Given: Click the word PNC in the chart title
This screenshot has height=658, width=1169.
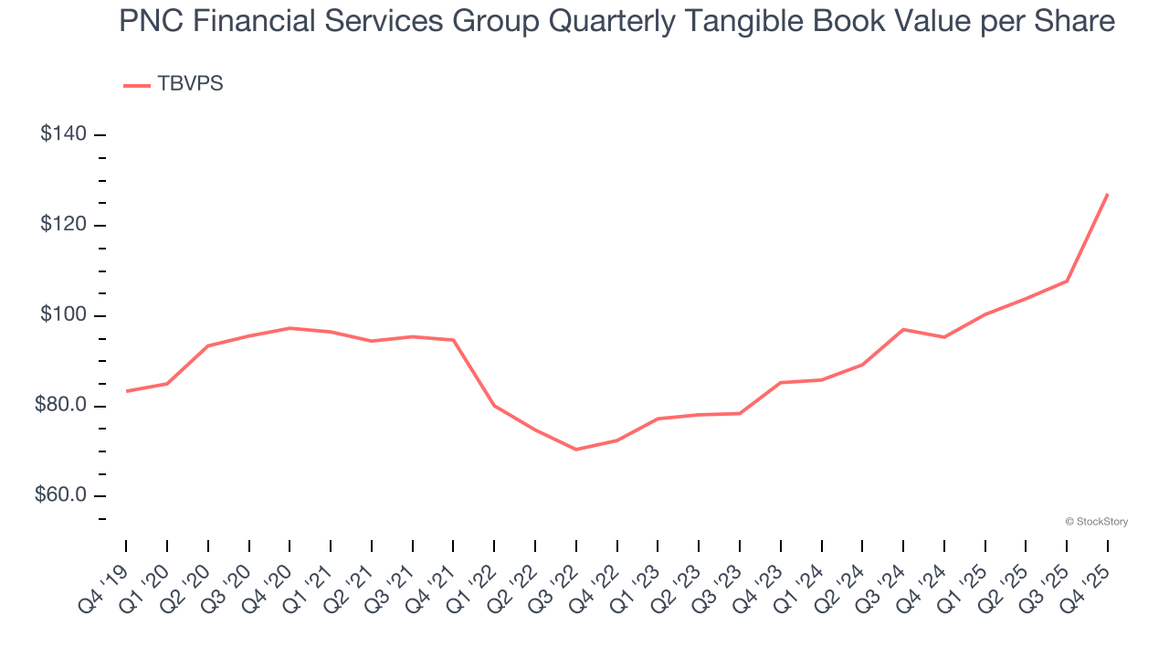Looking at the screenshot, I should click(150, 20).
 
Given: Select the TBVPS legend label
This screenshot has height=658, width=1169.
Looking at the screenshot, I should click(190, 84).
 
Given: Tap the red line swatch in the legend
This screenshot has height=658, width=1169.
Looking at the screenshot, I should click(136, 85).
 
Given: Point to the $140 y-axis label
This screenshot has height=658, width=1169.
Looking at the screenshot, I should click(64, 134).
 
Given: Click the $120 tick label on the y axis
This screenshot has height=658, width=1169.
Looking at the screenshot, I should click(64, 225).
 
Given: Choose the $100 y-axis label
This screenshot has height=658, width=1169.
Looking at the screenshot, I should click(64, 315).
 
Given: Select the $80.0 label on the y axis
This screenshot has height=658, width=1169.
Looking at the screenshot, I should click(60, 405).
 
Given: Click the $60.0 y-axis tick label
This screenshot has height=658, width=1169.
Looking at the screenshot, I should click(60, 495).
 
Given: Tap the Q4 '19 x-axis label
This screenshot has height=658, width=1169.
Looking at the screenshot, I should click(108, 576).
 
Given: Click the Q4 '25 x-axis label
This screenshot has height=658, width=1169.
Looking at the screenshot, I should click(1090, 576).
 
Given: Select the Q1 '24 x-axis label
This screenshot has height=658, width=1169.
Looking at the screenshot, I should click(804, 576).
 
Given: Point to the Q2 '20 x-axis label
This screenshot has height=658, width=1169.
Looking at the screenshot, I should click(190, 576).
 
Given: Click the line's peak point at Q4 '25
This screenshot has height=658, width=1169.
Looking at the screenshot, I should click(1108, 194).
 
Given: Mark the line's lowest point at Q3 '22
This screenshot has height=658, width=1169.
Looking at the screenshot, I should click(576, 450).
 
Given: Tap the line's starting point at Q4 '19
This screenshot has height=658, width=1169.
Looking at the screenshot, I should click(126, 391).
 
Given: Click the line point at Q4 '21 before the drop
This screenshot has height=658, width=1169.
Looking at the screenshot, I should click(453, 340).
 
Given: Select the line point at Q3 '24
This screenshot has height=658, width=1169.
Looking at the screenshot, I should click(903, 329).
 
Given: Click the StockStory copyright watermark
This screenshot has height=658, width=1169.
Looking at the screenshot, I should click(1097, 522).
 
